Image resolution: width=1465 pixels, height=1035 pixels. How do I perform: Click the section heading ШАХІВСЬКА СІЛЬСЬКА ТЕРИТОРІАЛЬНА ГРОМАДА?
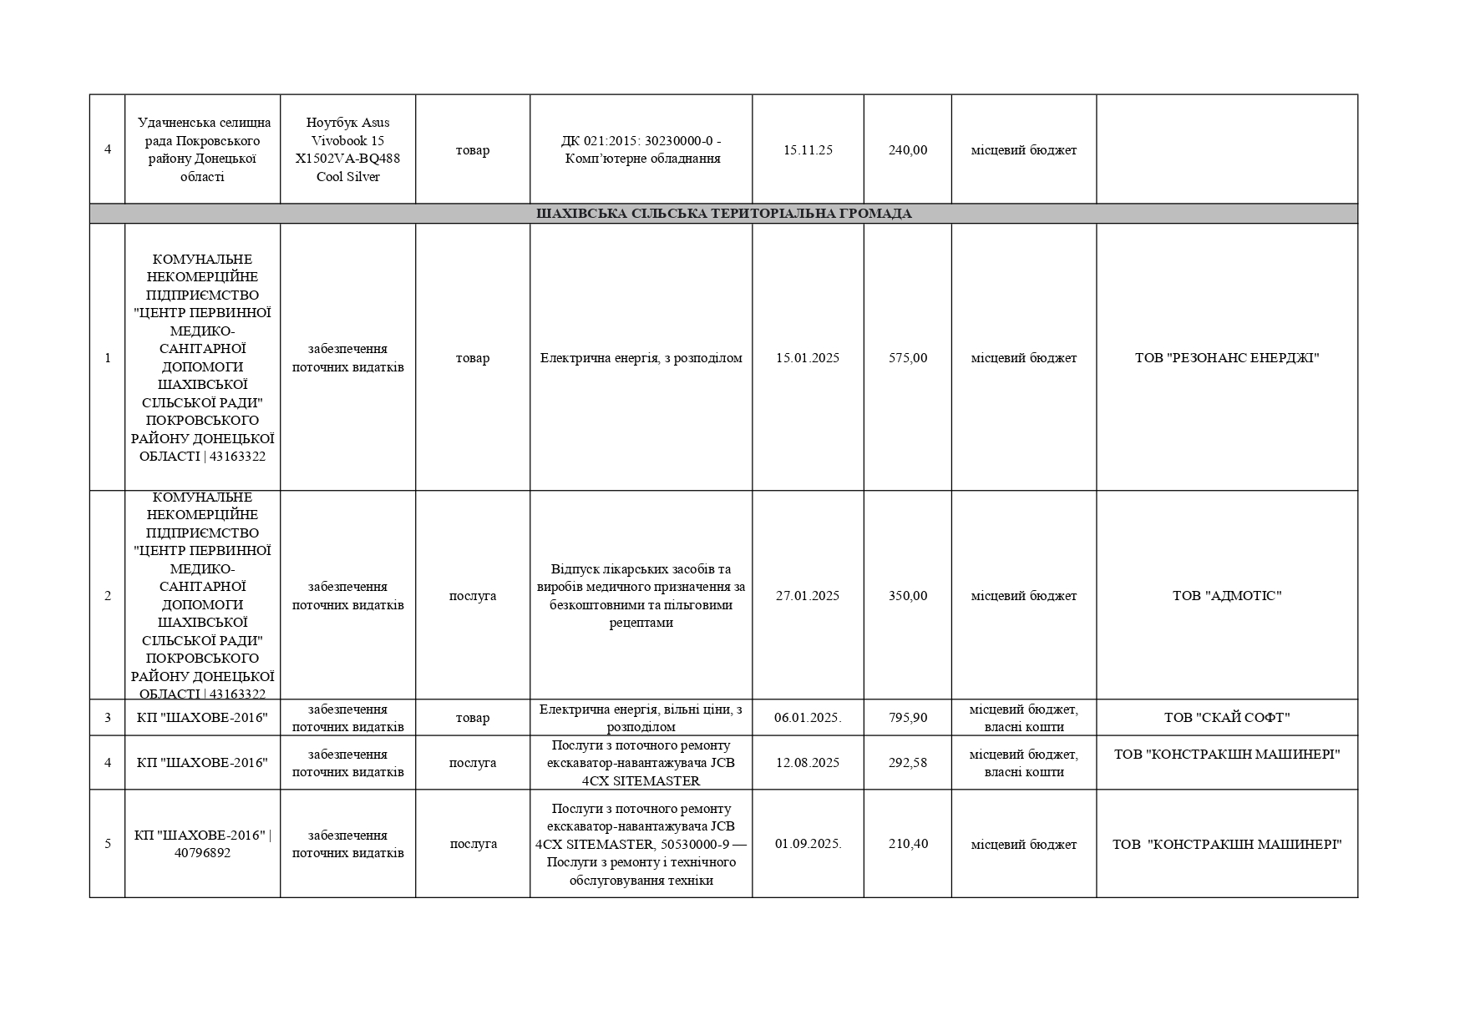coord(723,214)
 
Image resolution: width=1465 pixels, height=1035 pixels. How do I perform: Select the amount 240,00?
coord(907,150)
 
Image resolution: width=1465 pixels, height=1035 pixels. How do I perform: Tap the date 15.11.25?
coord(808,150)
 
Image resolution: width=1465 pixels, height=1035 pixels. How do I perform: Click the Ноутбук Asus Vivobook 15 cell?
coord(347,150)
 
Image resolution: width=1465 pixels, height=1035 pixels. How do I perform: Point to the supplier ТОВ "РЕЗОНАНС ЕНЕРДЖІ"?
coord(1226,358)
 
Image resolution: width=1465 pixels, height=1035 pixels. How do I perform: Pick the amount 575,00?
coord(907,358)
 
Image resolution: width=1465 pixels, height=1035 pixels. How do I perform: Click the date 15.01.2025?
coord(808,358)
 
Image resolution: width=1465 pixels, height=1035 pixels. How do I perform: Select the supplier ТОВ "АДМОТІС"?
coord(1226,596)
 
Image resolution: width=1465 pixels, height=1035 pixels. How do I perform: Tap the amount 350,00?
coord(907,596)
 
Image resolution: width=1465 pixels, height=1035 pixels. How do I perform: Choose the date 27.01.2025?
coord(808,596)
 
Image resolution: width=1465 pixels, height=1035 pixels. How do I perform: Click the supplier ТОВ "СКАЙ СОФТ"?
coord(1226,718)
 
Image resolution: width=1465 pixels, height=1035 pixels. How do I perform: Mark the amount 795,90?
coord(907,718)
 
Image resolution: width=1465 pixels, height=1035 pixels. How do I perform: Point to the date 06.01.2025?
coord(808,718)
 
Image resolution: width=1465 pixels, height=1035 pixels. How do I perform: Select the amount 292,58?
coord(907,763)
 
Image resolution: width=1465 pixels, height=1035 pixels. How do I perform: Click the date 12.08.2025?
coord(808,763)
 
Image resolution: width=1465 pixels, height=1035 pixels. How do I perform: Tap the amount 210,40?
coord(907,844)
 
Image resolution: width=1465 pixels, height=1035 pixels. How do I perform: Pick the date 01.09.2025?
coord(808,844)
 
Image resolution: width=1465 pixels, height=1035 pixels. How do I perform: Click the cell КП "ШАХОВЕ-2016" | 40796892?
coord(202,844)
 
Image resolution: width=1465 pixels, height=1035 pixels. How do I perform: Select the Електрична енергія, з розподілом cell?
coord(641,358)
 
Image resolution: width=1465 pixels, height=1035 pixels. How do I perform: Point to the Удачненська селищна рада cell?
coord(202,150)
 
